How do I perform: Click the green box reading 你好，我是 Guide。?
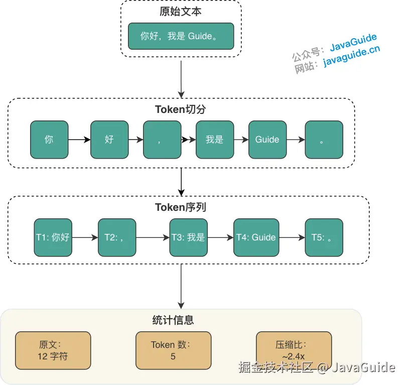[x=181, y=36]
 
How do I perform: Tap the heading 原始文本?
[x=181, y=11]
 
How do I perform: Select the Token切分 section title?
[x=181, y=109]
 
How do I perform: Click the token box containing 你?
[x=49, y=140]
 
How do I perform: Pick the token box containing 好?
[x=109, y=140]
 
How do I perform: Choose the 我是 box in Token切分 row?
[x=214, y=140]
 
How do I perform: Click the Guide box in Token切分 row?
[x=267, y=140]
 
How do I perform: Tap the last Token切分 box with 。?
[x=324, y=140]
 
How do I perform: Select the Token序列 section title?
[x=181, y=207]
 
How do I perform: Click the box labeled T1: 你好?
[x=53, y=237]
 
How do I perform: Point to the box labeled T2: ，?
[x=116, y=237]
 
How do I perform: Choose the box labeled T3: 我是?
[x=188, y=237]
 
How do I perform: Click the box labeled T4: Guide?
[x=256, y=237]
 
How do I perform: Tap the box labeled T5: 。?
[x=324, y=237]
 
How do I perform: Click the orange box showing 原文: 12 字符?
[x=53, y=350]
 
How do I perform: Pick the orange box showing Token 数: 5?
[x=173, y=350]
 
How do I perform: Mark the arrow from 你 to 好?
[x=79, y=140]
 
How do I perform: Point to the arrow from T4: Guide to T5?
[x=292, y=237]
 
